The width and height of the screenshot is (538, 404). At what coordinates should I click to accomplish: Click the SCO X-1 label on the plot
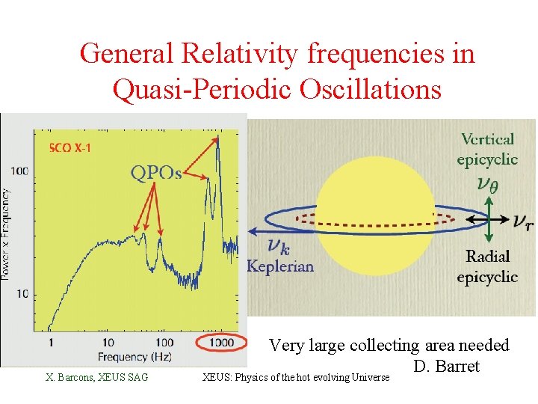[70, 148]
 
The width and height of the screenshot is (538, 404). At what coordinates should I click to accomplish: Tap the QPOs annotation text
[156, 173]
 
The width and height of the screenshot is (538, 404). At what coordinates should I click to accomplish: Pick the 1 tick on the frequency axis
[51, 343]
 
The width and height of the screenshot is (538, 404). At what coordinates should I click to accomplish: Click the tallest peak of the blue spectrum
[217, 142]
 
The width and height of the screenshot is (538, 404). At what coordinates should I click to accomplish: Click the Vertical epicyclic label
[487, 148]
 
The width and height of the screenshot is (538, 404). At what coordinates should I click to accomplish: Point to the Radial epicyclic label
[487, 266]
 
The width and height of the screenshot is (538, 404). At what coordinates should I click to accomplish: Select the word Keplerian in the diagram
[280, 266]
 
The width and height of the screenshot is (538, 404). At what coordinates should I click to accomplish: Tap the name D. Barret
[445, 366]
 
